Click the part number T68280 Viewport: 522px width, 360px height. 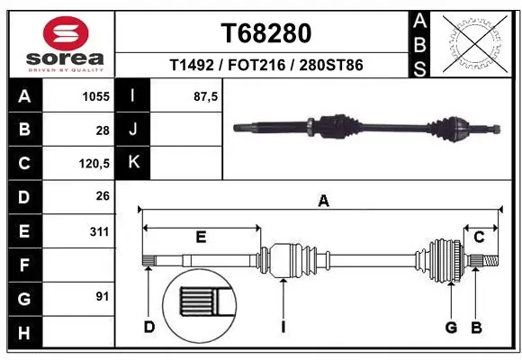point(265,33)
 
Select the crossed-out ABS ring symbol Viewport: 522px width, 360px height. point(474,42)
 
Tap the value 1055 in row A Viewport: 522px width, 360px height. point(96,96)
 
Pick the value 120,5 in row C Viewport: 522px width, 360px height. point(94,164)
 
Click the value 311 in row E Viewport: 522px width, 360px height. point(99,231)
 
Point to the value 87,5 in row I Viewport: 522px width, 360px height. point(206,96)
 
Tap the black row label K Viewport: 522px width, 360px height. point(133,164)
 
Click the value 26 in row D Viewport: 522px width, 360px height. point(102,197)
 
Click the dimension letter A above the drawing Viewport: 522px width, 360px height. point(323,202)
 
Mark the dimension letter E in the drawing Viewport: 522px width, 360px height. point(201,238)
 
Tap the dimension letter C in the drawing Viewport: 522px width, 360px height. point(479,238)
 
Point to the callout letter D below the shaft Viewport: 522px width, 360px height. point(149,327)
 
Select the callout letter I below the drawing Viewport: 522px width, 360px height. point(283,327)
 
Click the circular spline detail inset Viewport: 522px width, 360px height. point(197,303)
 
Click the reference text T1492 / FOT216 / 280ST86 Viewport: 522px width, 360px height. point(265,66)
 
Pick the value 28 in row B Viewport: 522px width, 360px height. point(102,130)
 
